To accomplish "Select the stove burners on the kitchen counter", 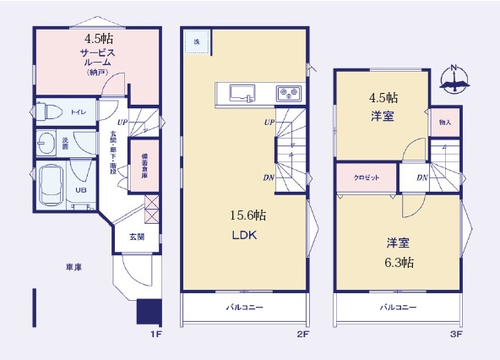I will coord(285,94).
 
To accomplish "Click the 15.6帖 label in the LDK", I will coord(245,215).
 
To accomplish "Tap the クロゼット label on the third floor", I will coord(365,178).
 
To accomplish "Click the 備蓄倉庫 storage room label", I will coord(145,161).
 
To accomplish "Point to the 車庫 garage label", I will coord(74,267).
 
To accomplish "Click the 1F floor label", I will coord(155,335).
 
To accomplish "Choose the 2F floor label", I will coord(304,335).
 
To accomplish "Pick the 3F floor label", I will coord(456,335).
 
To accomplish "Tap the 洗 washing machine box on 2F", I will coord(197,42).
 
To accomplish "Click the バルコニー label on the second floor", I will coord(243,308).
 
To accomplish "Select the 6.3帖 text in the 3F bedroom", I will coord(396,262).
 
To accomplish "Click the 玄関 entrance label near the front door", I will coord(136,237).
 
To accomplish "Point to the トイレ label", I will coord(77,112).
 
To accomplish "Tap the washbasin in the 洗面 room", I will coord(49,142).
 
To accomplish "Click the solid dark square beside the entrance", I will coord(149,312).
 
